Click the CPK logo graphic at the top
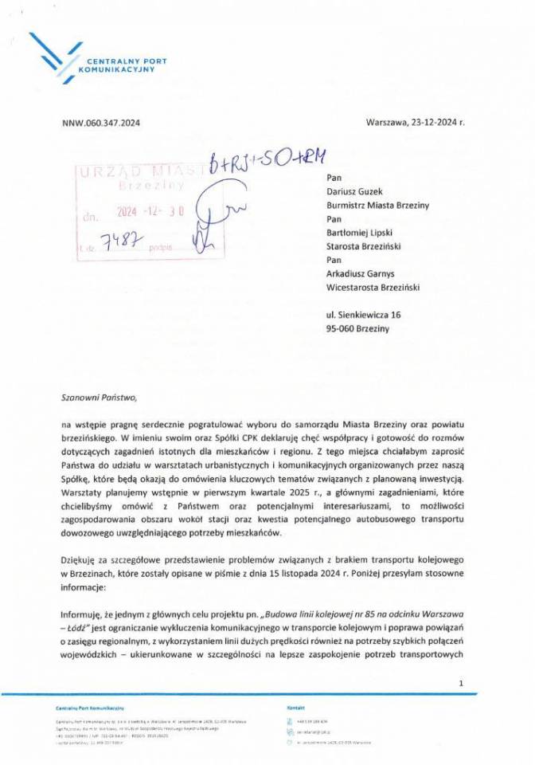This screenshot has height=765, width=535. click(53, 53)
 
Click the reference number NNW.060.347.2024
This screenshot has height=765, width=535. click(100, 123)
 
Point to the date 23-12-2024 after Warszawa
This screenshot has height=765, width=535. click(435, 123)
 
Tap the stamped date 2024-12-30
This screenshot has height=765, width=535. click(150, 213)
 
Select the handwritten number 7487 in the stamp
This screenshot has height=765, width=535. click(117, 241)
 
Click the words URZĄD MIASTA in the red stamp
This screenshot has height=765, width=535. click(131, 170)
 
